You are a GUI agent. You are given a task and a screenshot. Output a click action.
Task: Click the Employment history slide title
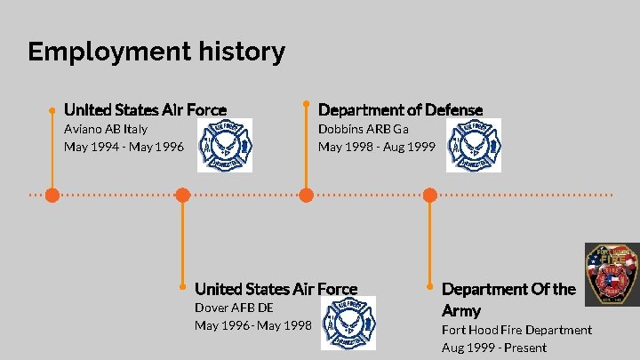point(156,52)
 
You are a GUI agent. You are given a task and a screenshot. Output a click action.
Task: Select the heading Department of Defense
point(400,109)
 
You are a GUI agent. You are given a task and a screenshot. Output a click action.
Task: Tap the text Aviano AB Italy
point(106,129)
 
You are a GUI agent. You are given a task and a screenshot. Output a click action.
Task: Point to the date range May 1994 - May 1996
point(124,147)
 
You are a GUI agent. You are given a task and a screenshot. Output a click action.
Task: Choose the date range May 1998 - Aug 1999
point(377,147)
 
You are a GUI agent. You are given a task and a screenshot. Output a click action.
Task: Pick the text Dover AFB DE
point(234,308)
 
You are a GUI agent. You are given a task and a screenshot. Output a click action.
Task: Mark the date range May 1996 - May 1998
point(252,325)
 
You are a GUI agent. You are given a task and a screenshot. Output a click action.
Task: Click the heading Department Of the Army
point(508,300)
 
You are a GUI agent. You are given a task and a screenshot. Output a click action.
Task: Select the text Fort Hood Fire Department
point(516,330)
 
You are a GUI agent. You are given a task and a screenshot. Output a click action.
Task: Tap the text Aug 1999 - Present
point(494,348)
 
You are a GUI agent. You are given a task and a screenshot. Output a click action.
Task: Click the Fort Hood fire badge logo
point(611,275)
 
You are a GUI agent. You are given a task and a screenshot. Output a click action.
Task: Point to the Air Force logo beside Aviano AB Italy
point(224,145)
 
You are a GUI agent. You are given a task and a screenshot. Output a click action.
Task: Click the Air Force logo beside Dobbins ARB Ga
point(474,145)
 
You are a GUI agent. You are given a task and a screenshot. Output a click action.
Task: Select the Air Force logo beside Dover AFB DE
point(348,323)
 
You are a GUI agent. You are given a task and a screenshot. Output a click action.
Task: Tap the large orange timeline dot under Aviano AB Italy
point(53,195)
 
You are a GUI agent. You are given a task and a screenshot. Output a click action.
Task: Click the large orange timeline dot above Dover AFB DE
point(182,195)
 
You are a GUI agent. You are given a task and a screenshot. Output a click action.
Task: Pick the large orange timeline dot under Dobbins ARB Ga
point(306,195)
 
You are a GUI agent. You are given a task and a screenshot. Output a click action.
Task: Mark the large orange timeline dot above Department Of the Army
point(430,195)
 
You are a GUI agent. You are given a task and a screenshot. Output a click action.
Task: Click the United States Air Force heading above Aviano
point(145,109)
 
